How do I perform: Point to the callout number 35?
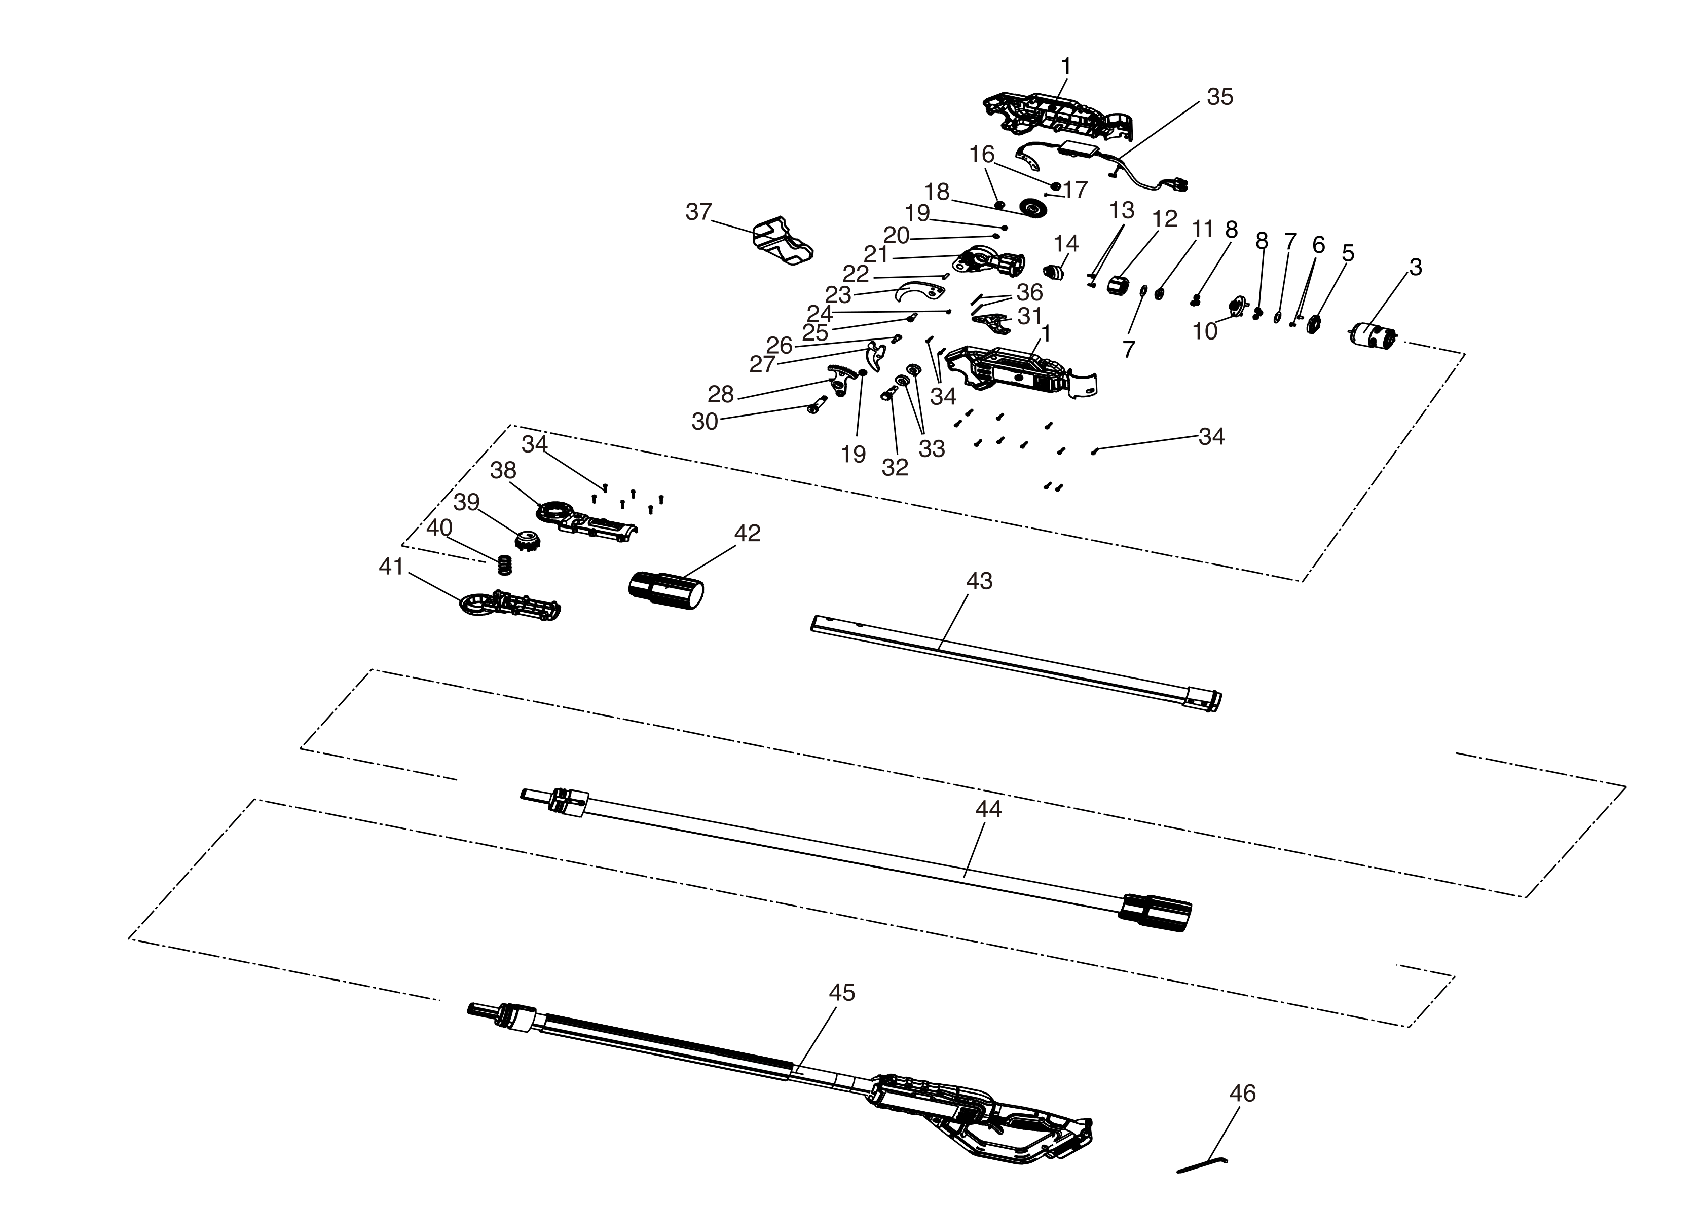coord(1220,97)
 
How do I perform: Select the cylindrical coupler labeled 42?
coord(666,590)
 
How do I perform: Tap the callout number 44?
coord(988,809)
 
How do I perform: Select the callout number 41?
coord(391,567)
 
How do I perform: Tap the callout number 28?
coord(720,394)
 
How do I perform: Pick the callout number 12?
coord(1165,218)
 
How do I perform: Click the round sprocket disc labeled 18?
coord(1033,209)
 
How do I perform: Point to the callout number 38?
coord(503,470)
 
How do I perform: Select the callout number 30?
coord(704,422)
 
